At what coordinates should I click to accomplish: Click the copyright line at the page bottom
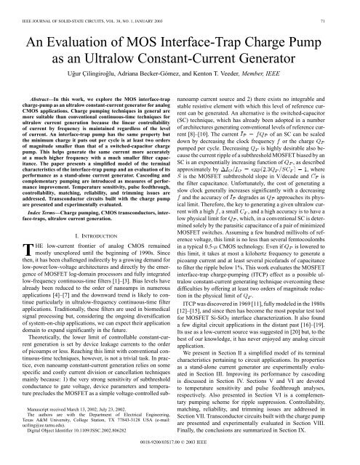pos(180,459)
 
